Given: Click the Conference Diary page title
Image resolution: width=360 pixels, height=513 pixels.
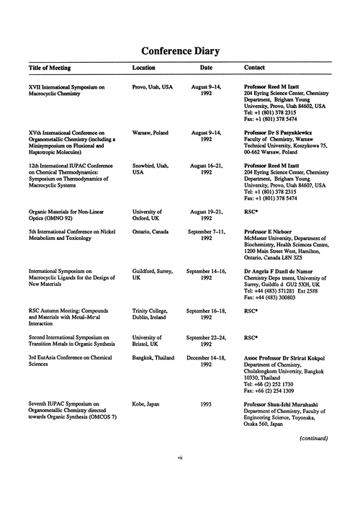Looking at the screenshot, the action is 180,51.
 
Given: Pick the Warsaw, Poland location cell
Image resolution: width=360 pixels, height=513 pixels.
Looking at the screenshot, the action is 152,133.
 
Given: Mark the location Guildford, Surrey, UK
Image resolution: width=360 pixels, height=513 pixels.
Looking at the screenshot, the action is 153,273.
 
